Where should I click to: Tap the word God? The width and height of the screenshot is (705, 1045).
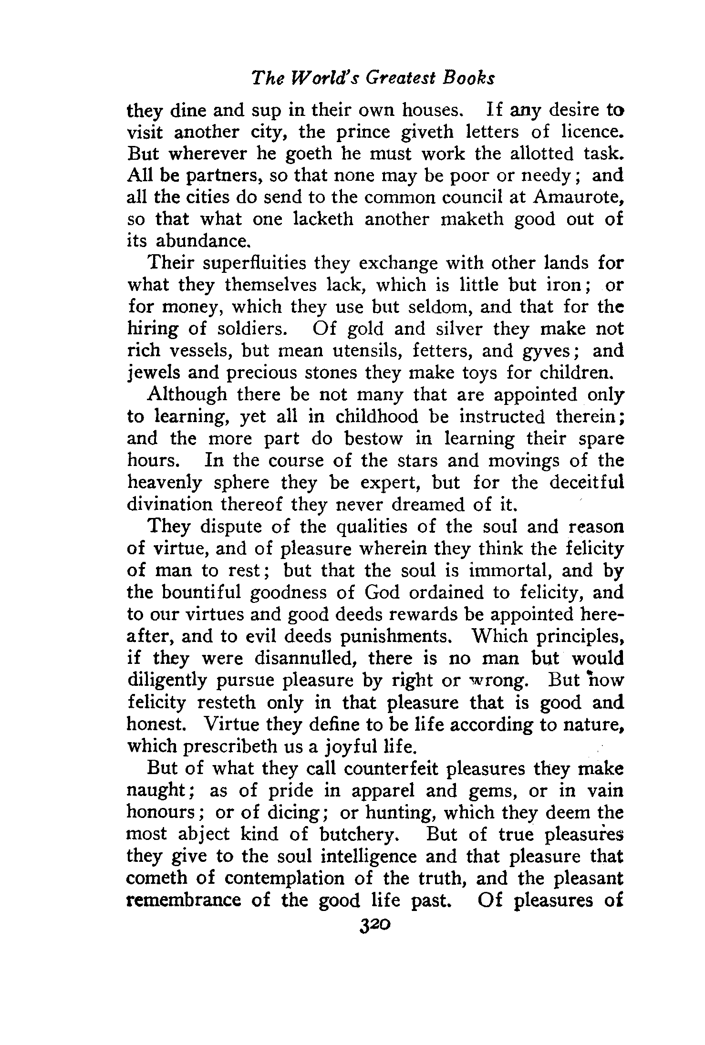click(384, 592)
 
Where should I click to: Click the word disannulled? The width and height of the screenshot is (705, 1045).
click(304, 658)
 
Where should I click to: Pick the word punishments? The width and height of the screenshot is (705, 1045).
click(395, 636)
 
